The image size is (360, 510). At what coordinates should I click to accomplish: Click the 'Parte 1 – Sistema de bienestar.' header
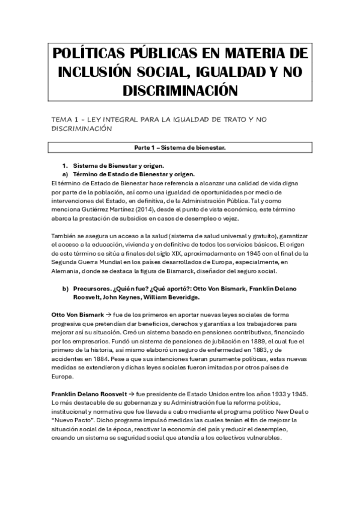180,147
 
